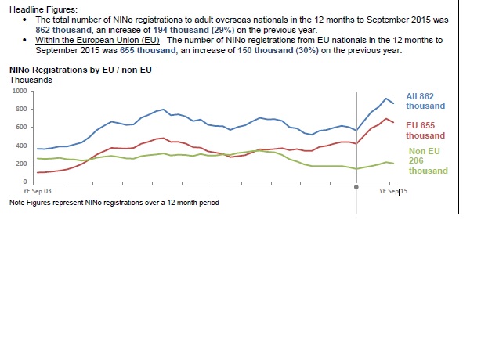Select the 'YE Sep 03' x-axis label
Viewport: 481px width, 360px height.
38,190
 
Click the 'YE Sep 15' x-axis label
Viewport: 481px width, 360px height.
393,190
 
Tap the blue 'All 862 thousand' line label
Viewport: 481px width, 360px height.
425,101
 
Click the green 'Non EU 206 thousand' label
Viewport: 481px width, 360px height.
428,161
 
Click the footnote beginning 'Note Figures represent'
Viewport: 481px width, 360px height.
114,202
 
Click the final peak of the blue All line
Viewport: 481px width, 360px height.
385,99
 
